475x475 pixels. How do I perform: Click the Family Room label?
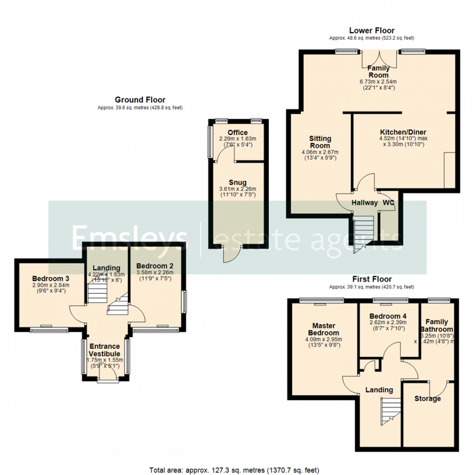(x=379, y=72)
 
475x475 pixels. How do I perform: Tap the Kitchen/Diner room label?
(x=403, y=132)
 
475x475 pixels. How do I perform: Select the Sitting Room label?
(x=320, y=142)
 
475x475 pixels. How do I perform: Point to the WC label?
(x=388, y=203)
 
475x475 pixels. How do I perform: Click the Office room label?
(x=237, y=133)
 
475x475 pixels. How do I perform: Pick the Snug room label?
(x=237, y=182)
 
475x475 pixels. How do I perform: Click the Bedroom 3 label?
(x=50, y=278)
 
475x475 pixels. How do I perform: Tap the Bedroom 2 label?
(x=155, y=266)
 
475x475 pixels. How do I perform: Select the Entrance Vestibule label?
(x=105, y=350)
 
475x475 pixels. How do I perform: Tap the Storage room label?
(x=427, y=399)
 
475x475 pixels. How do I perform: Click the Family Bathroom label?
(x=437, y=325)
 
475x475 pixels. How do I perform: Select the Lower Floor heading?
(x=372, y=31)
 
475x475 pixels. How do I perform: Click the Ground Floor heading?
(x=140, y=100)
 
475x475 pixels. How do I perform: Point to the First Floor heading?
(x=372, y=279)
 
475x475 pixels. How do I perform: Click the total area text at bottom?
(x=234, y=469)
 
